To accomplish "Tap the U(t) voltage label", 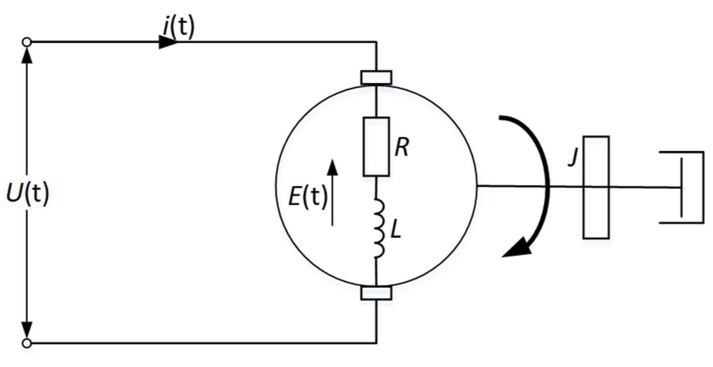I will click(x=28, y=194).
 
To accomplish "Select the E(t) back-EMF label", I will click(x=308, y=198).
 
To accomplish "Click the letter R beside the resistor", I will click(x=402, y=148).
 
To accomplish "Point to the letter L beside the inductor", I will click(x=395, y=230).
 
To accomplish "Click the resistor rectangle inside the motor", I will click(x=376, y=147).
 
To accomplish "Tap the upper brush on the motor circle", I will click(x=376, y=77).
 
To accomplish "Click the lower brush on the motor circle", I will click(x=376, y=293).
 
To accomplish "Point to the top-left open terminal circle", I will click(x=27, y=42).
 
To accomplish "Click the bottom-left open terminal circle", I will click(x=27, y=343).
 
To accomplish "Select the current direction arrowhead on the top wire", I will click(x=168, y=42).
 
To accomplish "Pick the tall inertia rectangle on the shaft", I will click(x=596, y=187).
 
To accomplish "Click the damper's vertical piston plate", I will click(x=681, y=188).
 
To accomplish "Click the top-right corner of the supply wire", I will click(x=376, y=42).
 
